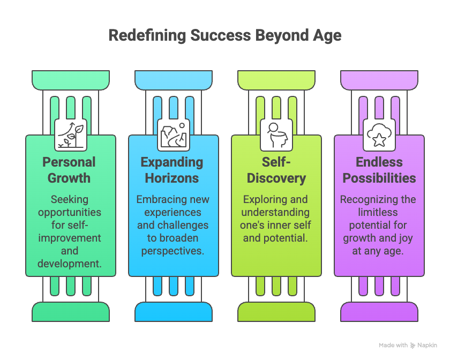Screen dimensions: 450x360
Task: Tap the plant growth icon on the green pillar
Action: tap(71, 134)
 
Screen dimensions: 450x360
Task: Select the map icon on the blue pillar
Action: tap(174, 134)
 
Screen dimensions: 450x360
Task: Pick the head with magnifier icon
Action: tap(276, 134)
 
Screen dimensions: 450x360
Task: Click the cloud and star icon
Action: tap(379, 134)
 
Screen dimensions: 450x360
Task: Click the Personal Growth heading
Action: tap(71, 170)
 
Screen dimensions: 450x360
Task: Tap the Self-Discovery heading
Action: tap(276, 170)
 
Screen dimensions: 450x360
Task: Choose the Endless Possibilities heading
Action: tap(379, 170)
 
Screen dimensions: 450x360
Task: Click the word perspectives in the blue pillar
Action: tap(174, 251)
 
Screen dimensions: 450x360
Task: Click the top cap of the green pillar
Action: tap(71, 79)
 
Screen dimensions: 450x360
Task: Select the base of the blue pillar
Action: tap(174, 311)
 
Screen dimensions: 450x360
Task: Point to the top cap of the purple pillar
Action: tap(379, 79)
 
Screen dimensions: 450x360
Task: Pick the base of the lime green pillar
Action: tap(276, 311)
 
